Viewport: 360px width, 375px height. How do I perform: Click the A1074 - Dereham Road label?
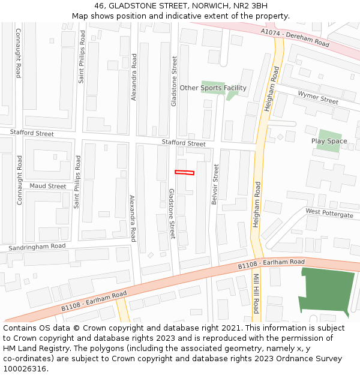(x=295, y=37)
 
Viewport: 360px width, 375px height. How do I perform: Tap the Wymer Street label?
(x=318, y=97)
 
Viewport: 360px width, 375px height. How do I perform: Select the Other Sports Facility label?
(x=213, y=88)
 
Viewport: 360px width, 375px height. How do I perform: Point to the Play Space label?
(x=329, y=141)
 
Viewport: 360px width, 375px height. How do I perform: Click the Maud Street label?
(x=48, y=186)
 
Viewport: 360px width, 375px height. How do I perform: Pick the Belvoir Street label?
(x=215, y=184)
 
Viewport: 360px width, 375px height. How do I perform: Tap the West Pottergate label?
(x=329, y=212)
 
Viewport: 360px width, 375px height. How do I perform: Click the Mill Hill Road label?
(x=256, y=294)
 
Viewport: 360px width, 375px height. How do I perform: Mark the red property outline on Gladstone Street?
(x=184, y=173)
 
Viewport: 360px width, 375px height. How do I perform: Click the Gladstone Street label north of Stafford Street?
(x=175, y=82)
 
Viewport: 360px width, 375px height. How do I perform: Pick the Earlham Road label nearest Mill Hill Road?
(x=271, y=263)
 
